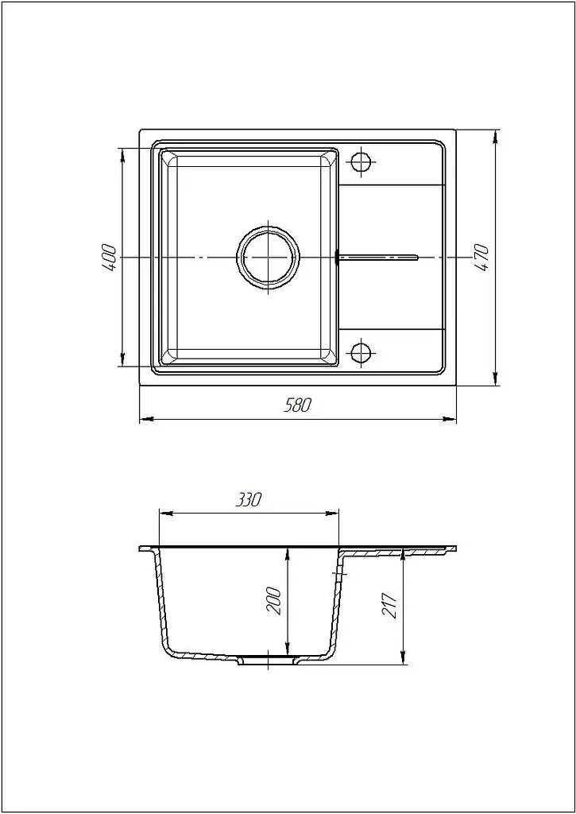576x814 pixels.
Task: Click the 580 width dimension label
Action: click(x=297, y=405)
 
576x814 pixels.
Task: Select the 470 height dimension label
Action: click(x=481, y=258)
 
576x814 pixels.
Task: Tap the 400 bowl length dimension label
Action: click(x=110, y=257)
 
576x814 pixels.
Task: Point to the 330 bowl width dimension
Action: click(x=249, y=500)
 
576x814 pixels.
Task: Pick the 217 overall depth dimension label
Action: click(x=389, y=605)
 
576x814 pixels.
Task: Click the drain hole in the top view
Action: click(x=269, y=257)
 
